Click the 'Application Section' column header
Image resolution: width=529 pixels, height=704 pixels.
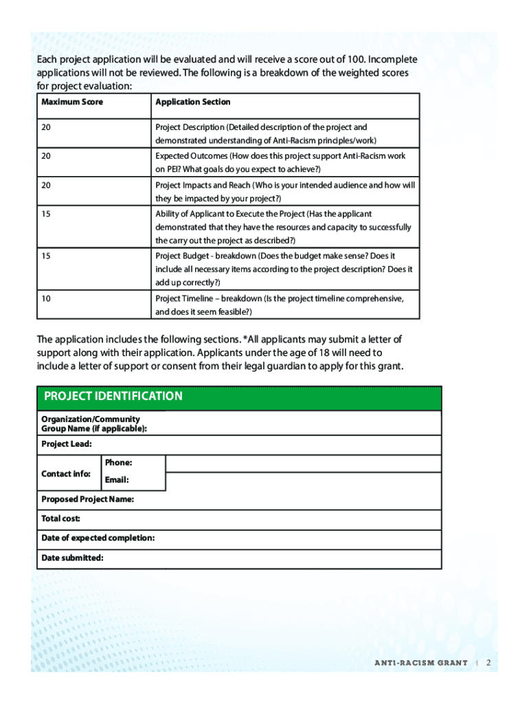(x=192, y=102)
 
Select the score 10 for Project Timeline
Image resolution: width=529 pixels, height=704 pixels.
(x=45, y=299)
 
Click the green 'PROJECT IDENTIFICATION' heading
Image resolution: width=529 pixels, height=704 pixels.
(x=113, y=396)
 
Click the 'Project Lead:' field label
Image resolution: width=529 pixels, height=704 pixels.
(x=67, y=444)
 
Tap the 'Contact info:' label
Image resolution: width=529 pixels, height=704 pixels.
(x=66, y=474)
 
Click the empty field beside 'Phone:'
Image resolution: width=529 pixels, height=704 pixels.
(x=303, y=463)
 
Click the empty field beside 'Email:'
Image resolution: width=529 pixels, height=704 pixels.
(x=303, y=481)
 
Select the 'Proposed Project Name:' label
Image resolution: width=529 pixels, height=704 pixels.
(x=88, y=499)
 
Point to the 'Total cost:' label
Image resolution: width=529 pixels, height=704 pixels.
(x=61, y=518)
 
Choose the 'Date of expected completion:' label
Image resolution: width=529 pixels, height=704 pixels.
(x=98, y=538)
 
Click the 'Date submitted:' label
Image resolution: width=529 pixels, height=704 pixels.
(x=73, y=558)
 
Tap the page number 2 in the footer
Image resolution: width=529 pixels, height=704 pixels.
(x=488, y=663)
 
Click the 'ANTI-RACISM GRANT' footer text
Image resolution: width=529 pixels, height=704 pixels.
(x=420, y=663)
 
